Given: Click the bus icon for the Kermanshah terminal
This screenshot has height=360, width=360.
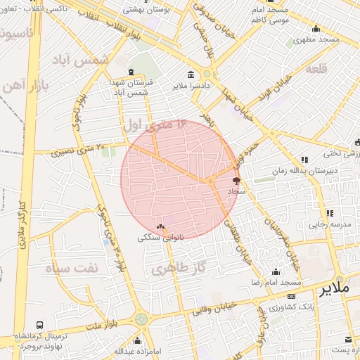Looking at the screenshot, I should [x=39, y=325].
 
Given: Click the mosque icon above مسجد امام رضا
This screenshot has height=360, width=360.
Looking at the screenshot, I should [x=276, y=271].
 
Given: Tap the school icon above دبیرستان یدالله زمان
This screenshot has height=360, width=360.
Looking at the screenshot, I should [x=304, y=160].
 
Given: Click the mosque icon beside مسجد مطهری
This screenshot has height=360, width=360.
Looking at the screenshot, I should [x=316, y=29].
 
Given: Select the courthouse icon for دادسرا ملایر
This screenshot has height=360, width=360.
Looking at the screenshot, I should [x=191, y=75].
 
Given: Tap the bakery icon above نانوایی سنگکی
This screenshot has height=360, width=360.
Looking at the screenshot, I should [x=161, y=227].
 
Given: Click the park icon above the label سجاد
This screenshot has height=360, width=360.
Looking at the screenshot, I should [x=236, y=181].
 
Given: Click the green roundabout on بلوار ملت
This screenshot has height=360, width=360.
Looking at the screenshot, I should [x=141, y=319].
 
